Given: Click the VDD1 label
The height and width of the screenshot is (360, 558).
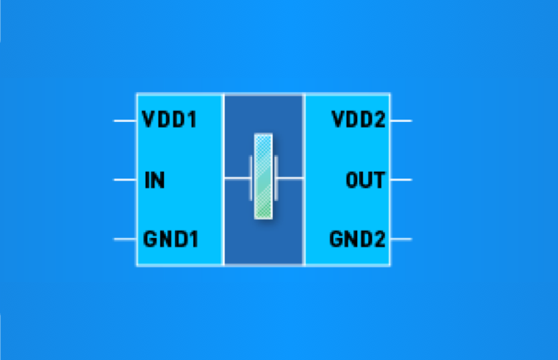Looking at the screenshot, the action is [x=169, y=119].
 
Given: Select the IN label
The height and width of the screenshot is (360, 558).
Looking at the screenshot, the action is [x=155, y=180].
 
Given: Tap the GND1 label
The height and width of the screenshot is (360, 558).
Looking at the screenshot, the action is [x=171, y=239].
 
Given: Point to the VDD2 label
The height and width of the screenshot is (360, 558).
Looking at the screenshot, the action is [x=358, y=119].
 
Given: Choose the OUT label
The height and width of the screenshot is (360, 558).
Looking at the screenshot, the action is [x=366, y=180].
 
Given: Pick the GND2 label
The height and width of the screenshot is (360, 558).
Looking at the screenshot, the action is [x=357, y=239].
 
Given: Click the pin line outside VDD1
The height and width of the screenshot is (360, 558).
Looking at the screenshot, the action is [x=125, y=121].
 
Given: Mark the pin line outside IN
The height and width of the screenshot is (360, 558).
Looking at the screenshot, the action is [x=125, y=180].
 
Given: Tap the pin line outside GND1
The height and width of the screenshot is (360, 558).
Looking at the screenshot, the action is [x=125, y=239].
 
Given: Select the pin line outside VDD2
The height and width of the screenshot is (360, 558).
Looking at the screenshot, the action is [x=401, y=121].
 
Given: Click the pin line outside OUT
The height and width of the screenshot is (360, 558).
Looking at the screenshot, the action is [x=401, y=180].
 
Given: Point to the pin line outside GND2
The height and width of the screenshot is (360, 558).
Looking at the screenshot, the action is [x=401, y=239].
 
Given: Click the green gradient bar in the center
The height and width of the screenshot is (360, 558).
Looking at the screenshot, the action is [x=264, y=176].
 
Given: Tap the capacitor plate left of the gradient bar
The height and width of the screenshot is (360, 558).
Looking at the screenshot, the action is [x=251, y=178].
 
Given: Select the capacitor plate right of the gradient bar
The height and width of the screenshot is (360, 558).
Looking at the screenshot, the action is [x=276, y=178].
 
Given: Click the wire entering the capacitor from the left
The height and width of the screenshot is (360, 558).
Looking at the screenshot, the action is [x=237, y=178].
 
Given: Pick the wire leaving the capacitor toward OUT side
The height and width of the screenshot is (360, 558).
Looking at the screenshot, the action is [x=290, y=178].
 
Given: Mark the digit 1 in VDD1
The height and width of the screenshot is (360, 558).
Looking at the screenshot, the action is [x=192, y=119].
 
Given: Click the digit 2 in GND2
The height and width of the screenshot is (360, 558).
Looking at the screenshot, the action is [x=380, y=239].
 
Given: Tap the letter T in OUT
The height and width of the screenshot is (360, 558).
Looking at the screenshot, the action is [x=380, y=180].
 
